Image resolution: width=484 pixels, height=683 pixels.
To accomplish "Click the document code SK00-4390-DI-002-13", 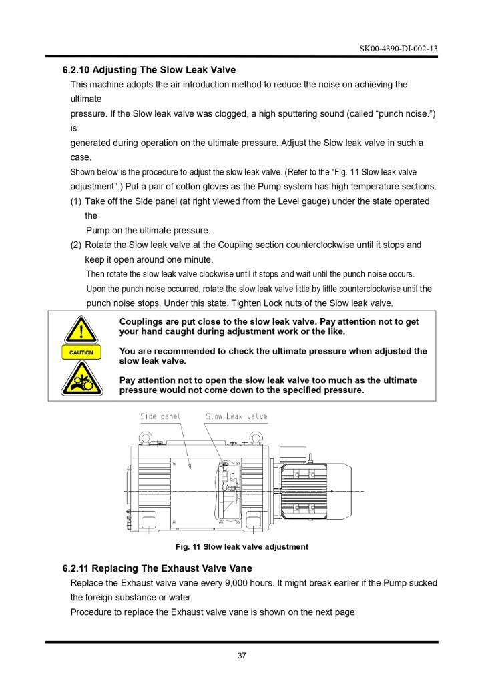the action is pos(399,48).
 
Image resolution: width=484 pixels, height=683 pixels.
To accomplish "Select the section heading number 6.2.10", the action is pos(76,70).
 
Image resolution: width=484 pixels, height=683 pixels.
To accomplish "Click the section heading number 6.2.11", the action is pos(75,568).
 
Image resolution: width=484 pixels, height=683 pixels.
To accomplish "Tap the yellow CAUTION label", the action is pos(81,352).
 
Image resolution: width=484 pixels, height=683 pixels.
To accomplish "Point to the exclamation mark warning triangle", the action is pos(81,329).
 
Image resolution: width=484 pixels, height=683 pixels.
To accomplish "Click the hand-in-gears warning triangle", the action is pos(81,379).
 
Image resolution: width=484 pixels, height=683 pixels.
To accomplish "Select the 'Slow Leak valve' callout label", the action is pos(236,416).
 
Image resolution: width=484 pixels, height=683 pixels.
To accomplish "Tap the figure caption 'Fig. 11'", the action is pos(188,547).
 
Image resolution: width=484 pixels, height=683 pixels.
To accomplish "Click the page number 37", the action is pos(242,656).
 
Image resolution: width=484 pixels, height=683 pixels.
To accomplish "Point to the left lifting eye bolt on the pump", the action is pos(146,438).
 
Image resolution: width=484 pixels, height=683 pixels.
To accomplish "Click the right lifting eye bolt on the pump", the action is pos(255,438).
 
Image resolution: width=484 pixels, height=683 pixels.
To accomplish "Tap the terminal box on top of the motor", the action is pos(293,454).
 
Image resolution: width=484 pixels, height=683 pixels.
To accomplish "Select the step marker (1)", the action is pos(76,201).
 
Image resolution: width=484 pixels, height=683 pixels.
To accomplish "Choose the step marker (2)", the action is pos(76,245).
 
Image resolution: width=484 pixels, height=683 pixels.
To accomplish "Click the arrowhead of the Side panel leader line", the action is pos(190,467).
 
